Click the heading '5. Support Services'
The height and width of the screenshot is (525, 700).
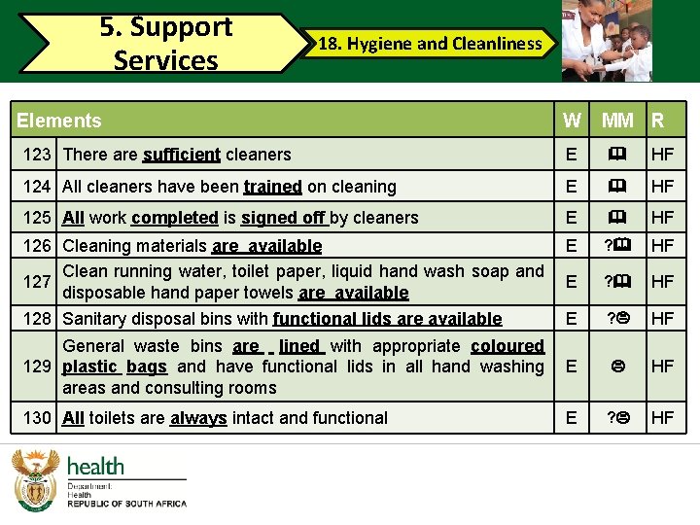(166, 44)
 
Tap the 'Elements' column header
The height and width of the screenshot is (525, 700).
(59, 121)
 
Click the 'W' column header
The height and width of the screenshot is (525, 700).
(573, 121)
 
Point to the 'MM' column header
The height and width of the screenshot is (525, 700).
(617, 121)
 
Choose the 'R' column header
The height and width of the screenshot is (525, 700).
(658, 121)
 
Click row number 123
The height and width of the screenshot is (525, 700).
(37, 154)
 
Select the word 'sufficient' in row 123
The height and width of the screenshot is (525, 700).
(181, 155)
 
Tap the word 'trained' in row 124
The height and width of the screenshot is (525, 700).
(272, 187)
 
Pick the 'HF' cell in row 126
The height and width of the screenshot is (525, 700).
(663, 247)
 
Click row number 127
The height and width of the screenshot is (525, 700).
(37, 282)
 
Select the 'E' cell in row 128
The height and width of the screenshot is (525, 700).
(572, 318)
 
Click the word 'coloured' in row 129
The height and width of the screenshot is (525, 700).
(507, 346)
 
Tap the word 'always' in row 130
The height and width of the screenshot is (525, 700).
(198, 418)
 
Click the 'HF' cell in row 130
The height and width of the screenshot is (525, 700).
(663, 418)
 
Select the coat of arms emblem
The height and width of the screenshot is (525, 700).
(36, 481)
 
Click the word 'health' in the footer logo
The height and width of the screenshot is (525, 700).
(95, 467)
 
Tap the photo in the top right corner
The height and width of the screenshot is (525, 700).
(608, 40)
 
